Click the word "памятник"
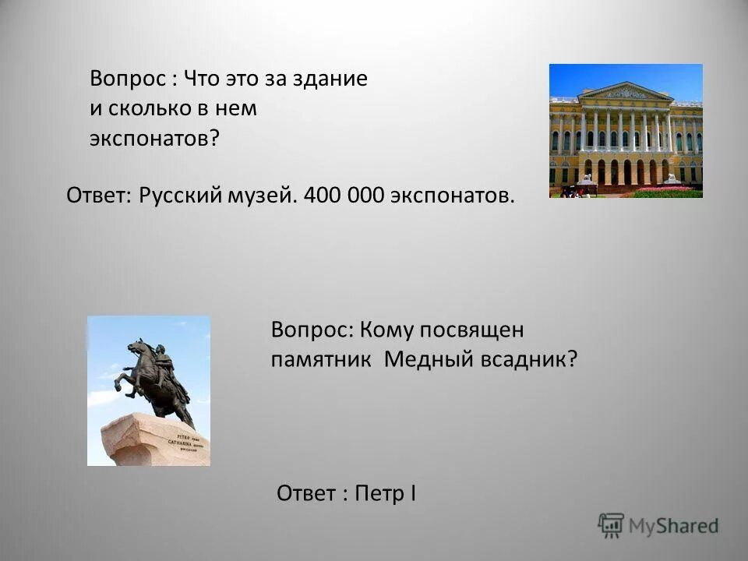(x=321, y=359)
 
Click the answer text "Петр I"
(x=385, y=493)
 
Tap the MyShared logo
(x=658, y=525)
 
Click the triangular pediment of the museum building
(x=626, y=92)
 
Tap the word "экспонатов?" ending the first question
(x=154, y=138)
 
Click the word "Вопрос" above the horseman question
(x=309, y=329)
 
